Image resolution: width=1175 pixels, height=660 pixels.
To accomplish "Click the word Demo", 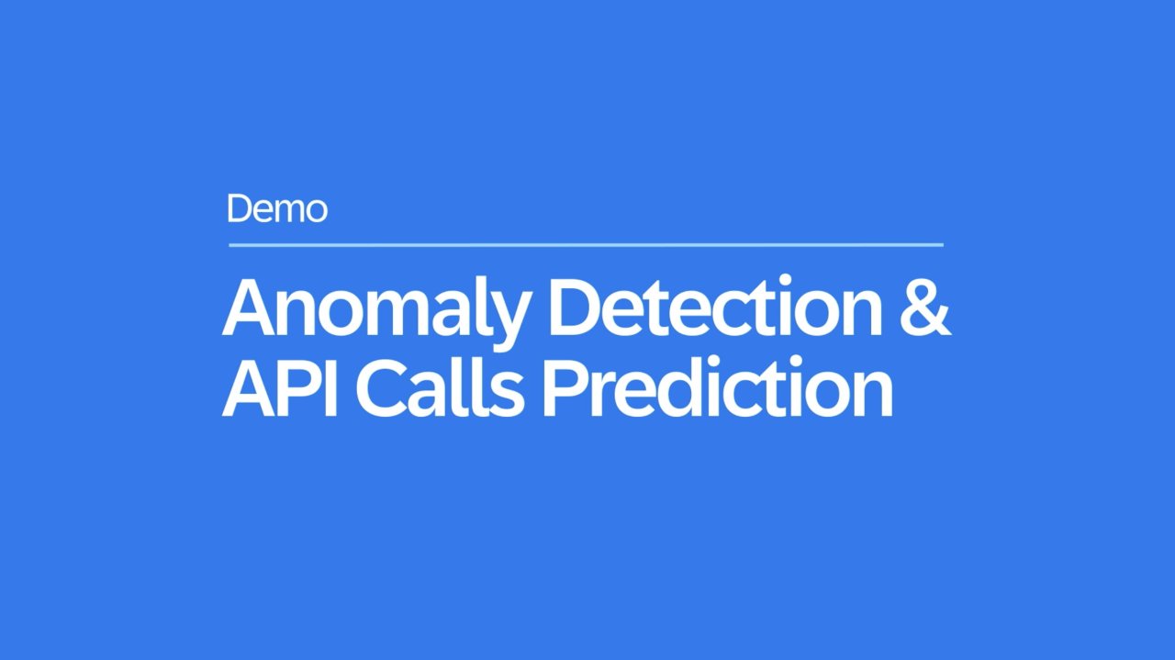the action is pyautogui.click(x=277, y=208).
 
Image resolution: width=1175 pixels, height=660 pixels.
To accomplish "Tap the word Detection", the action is pyautogui.click(x=715, y=306).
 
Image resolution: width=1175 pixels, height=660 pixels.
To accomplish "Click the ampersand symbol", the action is pyautogui.click(x=925, y=307).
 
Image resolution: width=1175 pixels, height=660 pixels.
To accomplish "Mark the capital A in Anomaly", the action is pyautogui.click(x=249, y=307).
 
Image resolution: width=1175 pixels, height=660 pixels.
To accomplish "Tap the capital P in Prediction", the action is pyautogui.click(x=565, y=386).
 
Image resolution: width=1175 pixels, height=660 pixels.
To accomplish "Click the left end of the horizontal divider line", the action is pyautogui.click(x=229, y=244).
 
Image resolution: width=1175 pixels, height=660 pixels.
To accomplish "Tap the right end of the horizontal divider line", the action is pyautogui.click(x=944, y=244).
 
